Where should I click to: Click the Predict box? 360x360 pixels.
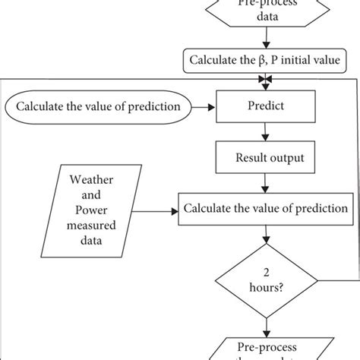pyautogui.click(x=264, y=106)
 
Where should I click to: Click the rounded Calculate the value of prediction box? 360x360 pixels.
pyautogui.click(x=98, y=106)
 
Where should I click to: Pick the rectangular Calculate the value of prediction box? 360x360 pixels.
pyautogui.click(x=264, y=207)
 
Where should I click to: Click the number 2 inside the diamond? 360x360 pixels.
pyautogui.click(x=264, y=271)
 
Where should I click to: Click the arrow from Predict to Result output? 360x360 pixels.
pyautogui.click(x=264, y=131)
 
